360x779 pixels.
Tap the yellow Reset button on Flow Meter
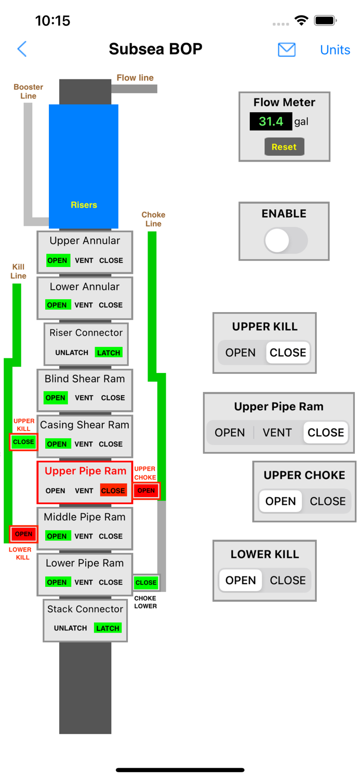click(x=284, y=147)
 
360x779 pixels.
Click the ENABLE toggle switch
click(x=285, y=240)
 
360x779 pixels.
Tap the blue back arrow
click(x=22, y=49)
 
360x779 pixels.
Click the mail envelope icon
click(x=286, y=50)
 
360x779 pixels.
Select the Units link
click(x=335, y=50)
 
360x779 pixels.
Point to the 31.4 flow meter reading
click(x=271, y=122)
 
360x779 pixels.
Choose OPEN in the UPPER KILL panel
click(x=241, y=353)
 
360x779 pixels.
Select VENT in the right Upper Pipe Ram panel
click(x=277, y=433)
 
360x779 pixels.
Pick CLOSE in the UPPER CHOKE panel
click(x=327, y=501)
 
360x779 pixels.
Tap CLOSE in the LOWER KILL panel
click(x=287, y=580)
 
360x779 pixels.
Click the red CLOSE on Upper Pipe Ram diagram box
click(x=113, y=491)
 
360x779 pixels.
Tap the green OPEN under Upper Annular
click(x=57, y=261)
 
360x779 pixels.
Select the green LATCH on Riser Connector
click(x=109, y=353)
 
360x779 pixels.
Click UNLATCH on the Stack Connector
click(x=71, y=628)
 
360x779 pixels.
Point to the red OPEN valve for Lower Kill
click(x=23, y=534)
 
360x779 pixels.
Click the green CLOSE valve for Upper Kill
click(x=23, y=442)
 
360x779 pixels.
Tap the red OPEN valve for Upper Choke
click(x=146, y=490)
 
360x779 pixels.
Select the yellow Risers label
click(x=84, y=205)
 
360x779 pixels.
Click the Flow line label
click(x=135, y=78)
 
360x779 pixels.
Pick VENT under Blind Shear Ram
click(x=84, y=398)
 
